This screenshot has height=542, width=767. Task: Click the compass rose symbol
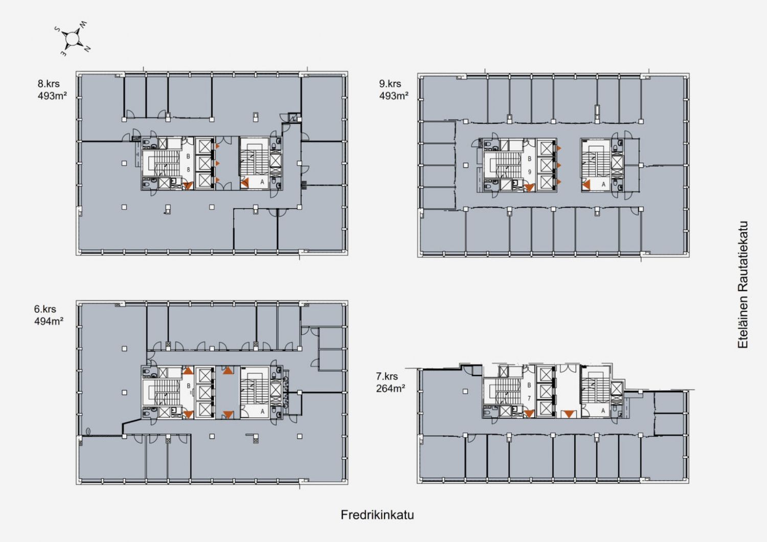pos(72,39)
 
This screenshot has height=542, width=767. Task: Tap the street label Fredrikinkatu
pos(377,515)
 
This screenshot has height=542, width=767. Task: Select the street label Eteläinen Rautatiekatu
pos(742,285)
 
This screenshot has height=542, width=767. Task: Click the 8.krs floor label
pos(49,83)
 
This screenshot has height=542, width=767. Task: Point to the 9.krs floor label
pos(390,83)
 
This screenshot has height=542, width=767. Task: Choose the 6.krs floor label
pos(45,309)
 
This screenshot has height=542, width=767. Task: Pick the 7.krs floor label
pos(387,376)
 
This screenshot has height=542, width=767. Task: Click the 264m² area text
pos(391,389)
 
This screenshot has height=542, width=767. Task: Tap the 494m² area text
pos(49,321)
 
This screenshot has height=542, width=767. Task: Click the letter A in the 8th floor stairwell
pos(262,182)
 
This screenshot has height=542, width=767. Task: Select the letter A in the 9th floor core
pos(603,184)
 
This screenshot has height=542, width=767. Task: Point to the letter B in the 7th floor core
pos(529,385)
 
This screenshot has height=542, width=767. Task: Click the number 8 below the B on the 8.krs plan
pos(188,169)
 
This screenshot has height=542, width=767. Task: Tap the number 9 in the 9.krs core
pos(529,171)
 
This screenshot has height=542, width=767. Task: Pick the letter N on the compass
pos(87,49)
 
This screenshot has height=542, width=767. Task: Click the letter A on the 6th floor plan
pos(263,412)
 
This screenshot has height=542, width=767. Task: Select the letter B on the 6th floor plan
pos(188,386)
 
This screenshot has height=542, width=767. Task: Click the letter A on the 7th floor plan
pos(603,411)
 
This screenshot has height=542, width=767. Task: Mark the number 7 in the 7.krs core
pos(529,398)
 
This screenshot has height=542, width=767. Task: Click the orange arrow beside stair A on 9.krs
pos(586,185)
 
